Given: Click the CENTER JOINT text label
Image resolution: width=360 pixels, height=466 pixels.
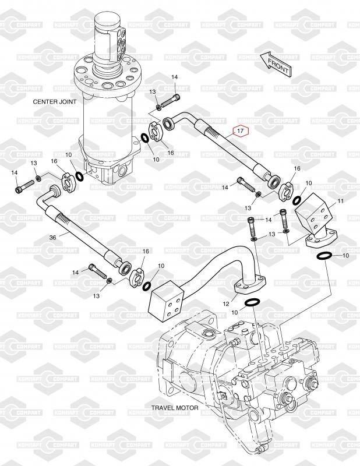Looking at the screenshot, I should click(53, 101).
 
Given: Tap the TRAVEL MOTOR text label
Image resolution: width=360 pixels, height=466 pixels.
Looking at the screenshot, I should click(175, 408).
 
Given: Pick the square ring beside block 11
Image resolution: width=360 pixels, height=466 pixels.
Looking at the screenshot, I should click(297, 199).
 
